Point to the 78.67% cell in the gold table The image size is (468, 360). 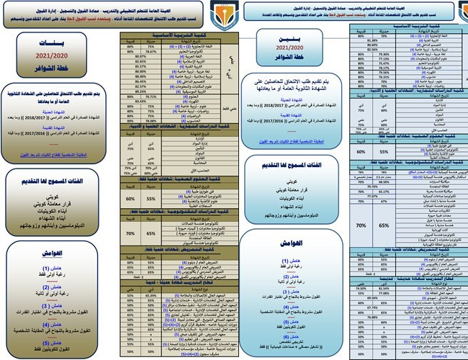click(151, 52)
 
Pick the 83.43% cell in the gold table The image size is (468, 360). click(151, 102)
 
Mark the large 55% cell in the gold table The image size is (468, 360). click(151, 176)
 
